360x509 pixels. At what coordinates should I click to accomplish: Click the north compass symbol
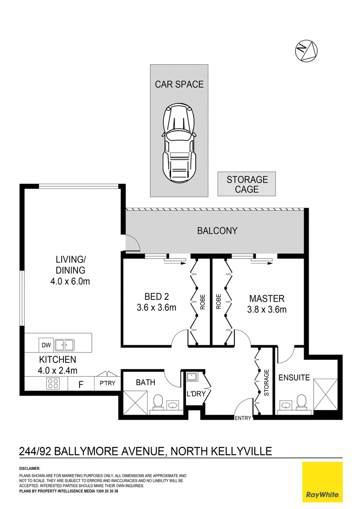306,51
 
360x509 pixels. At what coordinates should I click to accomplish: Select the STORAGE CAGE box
247,184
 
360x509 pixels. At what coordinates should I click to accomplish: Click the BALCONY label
217,231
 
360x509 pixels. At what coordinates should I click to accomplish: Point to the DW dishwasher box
46,345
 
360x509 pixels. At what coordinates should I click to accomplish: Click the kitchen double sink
64,345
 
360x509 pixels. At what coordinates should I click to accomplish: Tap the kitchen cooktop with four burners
53,384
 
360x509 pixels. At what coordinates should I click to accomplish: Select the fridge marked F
81,384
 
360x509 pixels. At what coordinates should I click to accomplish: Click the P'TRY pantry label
108,383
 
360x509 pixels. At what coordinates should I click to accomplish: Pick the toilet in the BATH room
158,402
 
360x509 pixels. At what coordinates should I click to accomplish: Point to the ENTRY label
243,418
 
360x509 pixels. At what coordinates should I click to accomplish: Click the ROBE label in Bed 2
202,302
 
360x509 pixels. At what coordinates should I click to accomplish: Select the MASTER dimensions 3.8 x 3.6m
267,310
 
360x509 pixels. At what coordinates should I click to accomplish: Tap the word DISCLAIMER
30,469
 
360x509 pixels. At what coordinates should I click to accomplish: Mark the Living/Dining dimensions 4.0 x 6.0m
70,281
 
